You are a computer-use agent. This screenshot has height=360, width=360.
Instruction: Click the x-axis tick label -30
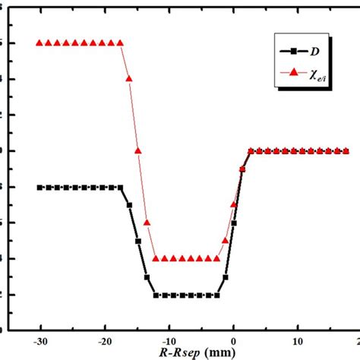39,341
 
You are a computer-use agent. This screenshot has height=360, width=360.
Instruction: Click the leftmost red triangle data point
39,43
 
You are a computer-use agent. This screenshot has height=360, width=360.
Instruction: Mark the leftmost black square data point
39,187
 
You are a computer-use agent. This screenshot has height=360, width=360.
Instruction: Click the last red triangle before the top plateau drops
120,43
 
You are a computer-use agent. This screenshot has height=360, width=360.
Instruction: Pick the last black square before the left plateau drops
120,187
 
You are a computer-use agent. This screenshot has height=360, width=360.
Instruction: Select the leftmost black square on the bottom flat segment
156,295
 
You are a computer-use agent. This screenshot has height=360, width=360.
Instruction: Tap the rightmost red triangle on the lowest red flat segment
217,258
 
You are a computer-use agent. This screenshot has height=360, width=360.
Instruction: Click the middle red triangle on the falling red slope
137,150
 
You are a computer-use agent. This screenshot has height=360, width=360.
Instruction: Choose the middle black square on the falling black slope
138,241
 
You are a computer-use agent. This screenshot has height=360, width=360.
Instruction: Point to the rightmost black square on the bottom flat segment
217,295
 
